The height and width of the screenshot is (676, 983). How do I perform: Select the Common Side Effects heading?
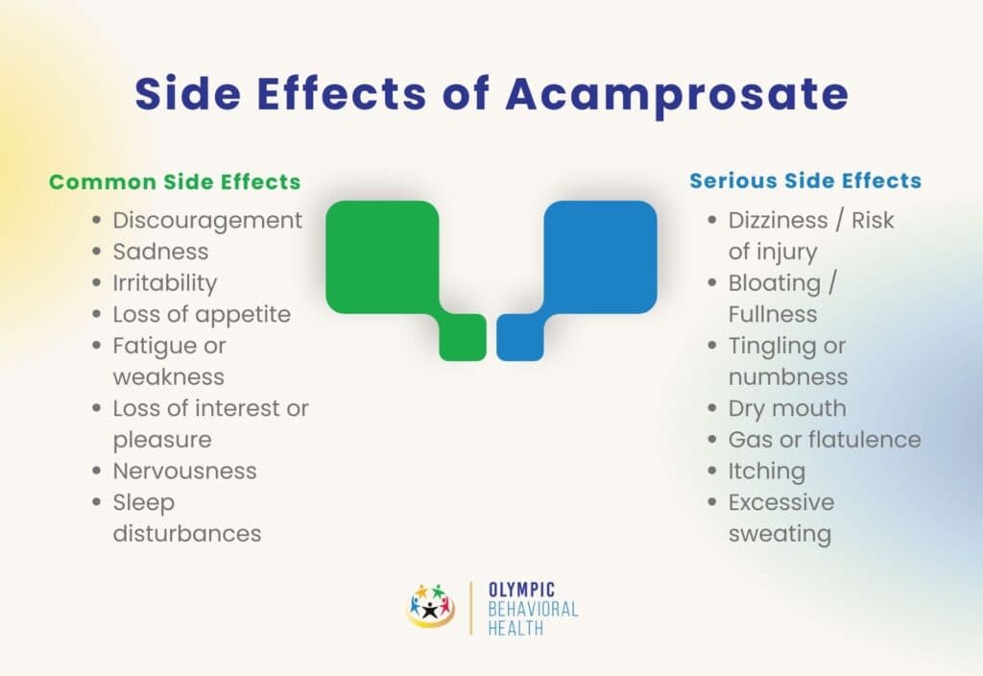pyautogui.click(x=175, y=181)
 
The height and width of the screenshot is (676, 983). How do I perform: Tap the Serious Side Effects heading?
pyautogui.click(x=805, y=181)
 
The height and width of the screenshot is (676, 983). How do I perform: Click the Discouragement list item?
pyautogui.click(x=207, y=220)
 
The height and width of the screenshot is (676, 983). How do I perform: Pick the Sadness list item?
pyautogui.click(x=160, y=252)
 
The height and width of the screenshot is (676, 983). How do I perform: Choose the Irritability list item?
pyautogui.click(x=165, y=283)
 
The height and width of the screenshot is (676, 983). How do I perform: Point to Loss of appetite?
pyautogui.click(x=202, y=314)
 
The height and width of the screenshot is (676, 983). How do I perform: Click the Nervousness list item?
pyautogui.click(x=184, y=471)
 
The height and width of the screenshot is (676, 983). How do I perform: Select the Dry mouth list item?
pyautogui.click(x=787, y=408)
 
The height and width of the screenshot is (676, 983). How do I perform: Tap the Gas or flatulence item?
pyautogui.click(x=825, y=440)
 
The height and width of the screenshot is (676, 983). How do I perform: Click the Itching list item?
pyautogui.click(x=766, y=471)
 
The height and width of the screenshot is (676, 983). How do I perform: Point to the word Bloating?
pyautogui.click(x=774, y=283)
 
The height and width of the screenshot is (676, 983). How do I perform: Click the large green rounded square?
pyautogui.click(x=382, y=256)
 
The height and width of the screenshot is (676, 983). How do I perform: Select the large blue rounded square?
pyautogui.click(x=601, y=256)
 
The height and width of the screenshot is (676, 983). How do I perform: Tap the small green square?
pyautogui.click(x=463, y=337)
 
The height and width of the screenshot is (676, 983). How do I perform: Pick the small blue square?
pyautogui.click(x=520, y=337)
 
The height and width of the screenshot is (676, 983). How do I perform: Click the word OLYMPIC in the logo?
pyautogui.click(x=521, y=590)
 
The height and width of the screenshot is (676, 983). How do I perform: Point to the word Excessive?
pyautogui.click(x=781, y=502)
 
